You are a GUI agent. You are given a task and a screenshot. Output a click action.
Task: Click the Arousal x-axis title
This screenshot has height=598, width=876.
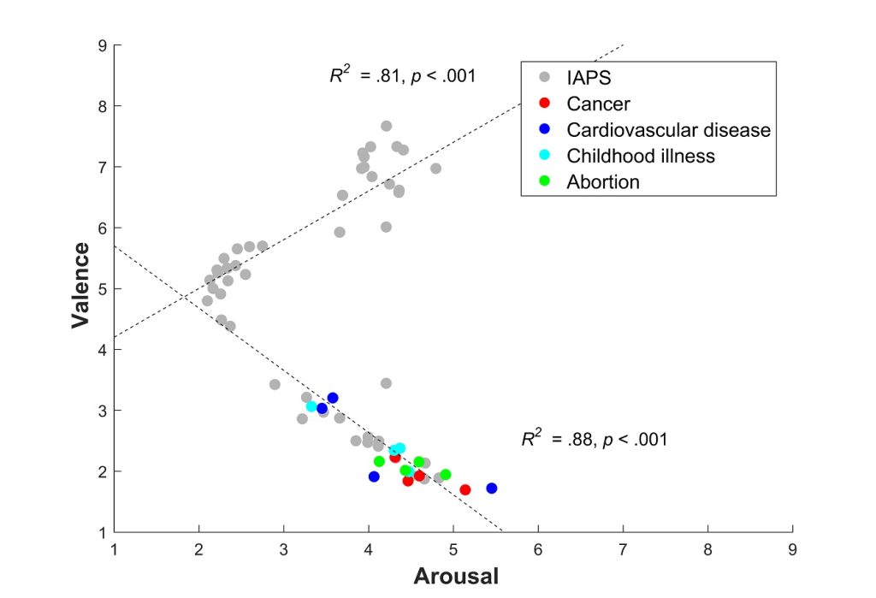click(455, 575)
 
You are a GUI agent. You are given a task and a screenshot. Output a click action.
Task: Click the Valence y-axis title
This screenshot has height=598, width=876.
click(81, 285)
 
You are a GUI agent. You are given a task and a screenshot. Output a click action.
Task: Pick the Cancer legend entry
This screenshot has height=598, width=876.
click(598, 104)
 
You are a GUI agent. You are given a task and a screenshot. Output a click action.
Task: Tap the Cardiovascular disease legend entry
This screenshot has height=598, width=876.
click(668, 130)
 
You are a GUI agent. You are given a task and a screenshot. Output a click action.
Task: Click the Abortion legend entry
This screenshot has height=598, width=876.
click(603, 181)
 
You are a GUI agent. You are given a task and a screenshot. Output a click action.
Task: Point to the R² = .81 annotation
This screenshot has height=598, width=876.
click(402, 76)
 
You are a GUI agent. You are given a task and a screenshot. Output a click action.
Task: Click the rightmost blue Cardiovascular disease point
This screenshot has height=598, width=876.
click(492, 488)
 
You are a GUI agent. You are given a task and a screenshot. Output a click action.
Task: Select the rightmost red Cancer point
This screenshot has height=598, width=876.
click(465, 490)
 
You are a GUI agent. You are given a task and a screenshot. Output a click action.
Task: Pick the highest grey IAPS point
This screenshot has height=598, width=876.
click(386, 126)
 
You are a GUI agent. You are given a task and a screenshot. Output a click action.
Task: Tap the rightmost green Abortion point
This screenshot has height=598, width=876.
click(446, 475)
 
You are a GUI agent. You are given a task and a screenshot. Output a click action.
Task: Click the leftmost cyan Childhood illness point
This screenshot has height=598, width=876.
click(311, 406)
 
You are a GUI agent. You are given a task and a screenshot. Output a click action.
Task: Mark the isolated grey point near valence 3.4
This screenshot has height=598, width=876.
click(386, 383)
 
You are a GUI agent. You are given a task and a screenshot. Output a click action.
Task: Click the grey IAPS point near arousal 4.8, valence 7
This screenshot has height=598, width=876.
click(435, 169)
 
